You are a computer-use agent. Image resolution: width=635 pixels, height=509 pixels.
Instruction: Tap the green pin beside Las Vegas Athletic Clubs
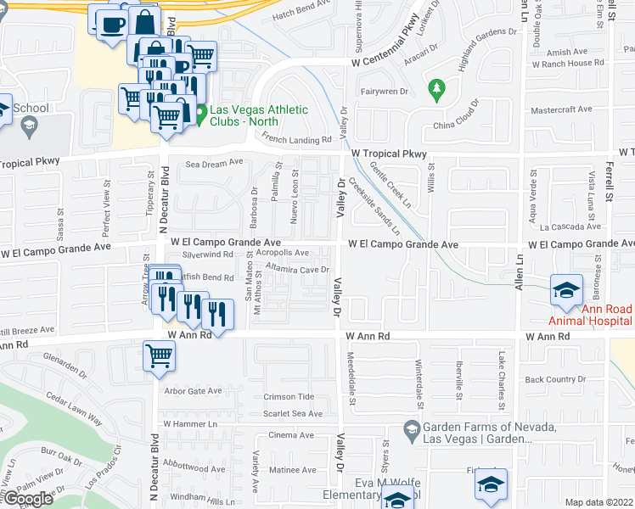(201, 114)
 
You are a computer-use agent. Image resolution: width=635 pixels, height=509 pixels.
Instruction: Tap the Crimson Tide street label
(289, 397)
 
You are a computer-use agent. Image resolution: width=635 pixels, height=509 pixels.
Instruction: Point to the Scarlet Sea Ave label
(293, 414)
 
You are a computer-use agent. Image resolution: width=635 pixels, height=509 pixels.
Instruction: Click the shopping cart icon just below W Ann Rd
(158, 357)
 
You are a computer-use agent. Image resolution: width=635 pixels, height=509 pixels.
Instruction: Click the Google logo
(26, 499)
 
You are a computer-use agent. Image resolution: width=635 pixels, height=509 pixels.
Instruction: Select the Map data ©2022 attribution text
(598, 502)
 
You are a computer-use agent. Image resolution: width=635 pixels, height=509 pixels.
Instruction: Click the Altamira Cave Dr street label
(296, 269)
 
